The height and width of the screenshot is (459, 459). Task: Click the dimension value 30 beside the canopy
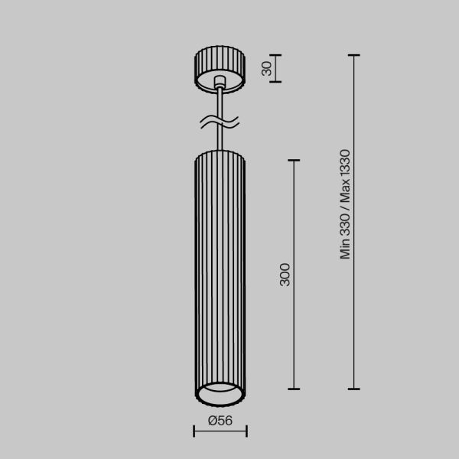(266, 68)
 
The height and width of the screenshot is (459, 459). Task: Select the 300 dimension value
(285, 274)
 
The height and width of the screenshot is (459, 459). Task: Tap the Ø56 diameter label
(220, 420)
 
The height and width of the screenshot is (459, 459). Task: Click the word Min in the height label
(346, 249)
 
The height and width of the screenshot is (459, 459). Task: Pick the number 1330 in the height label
(346, 165)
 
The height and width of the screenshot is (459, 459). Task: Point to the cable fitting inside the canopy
(220, 82)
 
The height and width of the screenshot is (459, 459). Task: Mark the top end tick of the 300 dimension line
(293, 161)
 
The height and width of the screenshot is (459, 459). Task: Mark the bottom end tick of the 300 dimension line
(293, 389)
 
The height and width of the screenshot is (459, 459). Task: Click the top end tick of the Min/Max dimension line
(353, 56)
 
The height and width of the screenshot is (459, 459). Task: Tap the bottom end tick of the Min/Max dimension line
(353, 389)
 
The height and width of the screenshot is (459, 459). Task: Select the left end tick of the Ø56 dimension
(194, 433)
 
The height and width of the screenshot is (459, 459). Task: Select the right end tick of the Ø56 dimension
(246, 433)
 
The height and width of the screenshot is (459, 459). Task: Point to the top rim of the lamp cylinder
(220, 154)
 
